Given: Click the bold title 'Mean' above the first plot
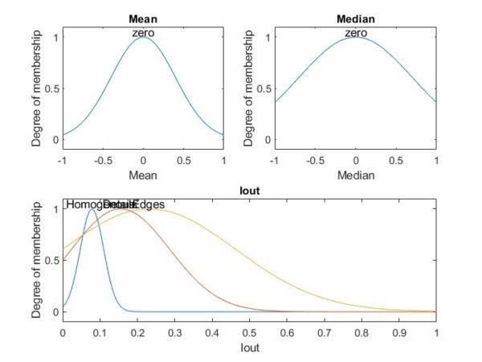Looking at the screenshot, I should [x=143, y=18].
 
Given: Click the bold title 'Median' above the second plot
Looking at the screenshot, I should [x=355, y=18].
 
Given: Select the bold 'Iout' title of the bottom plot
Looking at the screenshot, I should [x=249, y=191].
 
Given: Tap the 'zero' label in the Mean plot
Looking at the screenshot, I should [x=143, y=32].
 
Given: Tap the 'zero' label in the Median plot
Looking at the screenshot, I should [x=355, y=32].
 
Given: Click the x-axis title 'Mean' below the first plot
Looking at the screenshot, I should [x=143, y=174].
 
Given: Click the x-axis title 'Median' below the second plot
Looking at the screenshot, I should [x=355, y=174].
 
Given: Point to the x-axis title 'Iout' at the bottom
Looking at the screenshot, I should [x=249, y=348].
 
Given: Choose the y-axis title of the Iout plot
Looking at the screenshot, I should [x=37, y=260].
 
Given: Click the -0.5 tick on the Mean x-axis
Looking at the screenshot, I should [x=103, y=159].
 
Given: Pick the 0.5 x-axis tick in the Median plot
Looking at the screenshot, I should [x=395, y=159].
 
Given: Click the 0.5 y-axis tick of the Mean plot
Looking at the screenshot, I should [x=51, y=88].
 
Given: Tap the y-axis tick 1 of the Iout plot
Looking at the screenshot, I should [x=55, y=209].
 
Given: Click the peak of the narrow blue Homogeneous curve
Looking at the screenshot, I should [x=91, y=209].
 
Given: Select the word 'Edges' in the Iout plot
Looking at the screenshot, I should [x=147, y=205].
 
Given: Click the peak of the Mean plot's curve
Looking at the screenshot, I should [x=143, y=37].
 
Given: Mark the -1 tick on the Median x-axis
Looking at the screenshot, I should [x=275, y=159].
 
